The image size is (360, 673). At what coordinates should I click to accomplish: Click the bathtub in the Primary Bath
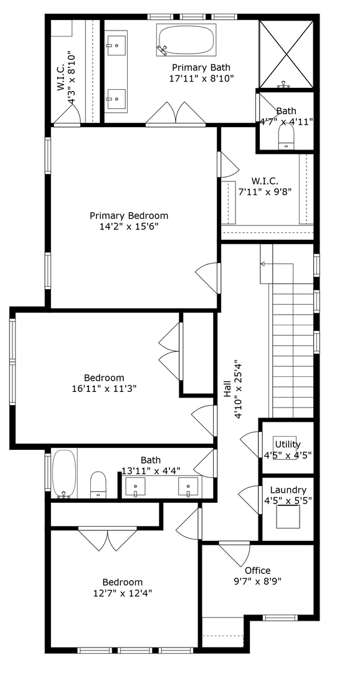[186, 40]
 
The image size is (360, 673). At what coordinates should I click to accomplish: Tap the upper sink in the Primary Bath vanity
[116, 44]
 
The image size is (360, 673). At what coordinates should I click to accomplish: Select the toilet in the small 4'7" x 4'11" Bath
[287, 138]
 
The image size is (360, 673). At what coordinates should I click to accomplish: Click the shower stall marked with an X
[286, 54]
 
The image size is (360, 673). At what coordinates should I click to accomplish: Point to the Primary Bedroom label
[129, 216]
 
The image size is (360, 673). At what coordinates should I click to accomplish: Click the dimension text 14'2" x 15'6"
[129, 226]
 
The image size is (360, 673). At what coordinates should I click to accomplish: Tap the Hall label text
[228, 390]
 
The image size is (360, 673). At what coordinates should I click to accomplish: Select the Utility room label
[288, 444]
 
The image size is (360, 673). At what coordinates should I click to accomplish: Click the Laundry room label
[285, 490]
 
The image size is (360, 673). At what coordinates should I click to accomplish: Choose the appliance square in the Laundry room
[288, 516]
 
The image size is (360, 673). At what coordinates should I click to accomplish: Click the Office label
[257, 570]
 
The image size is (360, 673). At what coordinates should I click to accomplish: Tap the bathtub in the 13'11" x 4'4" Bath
[64, 473]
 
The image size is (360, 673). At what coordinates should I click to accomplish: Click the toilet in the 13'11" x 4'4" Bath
[99, 484]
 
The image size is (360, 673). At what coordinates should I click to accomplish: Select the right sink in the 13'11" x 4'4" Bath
[189, 485]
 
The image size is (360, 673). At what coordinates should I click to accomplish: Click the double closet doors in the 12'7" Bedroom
[108, 540]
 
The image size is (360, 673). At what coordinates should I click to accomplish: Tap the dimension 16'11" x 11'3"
[104, 388]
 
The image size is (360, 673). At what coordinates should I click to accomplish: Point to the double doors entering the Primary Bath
[176, 114]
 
